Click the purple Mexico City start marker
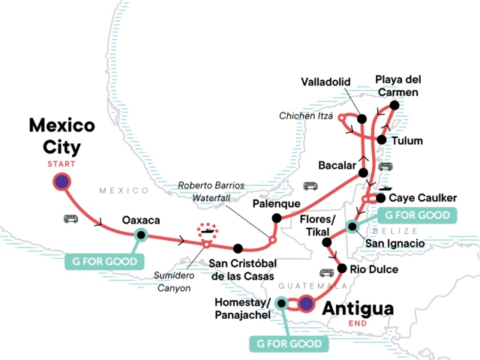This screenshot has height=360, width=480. [x=61, y=181]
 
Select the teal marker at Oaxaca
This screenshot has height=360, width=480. [x=140, y=234]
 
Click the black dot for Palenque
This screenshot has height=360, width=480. [x=276, y=218]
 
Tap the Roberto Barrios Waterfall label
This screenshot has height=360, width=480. [x=223, y=193]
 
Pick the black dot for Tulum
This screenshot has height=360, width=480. [x=382, y=140]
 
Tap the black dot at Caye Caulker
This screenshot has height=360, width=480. [x=381, y=198]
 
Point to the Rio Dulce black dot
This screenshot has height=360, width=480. [x=342, y=268]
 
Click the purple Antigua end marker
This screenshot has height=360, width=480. [x=306, y=304]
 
